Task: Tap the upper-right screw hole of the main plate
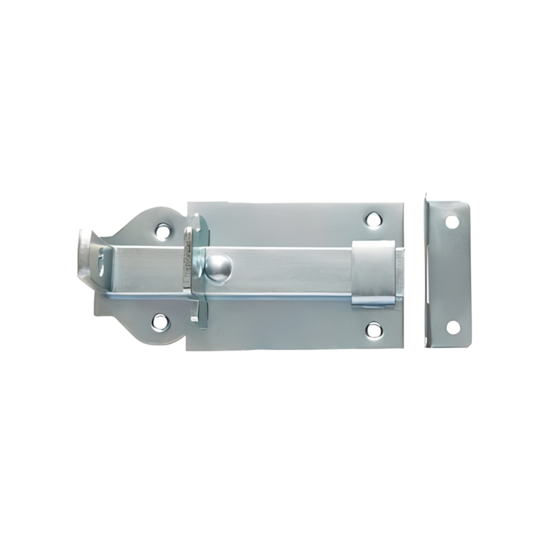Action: tap(373, 220)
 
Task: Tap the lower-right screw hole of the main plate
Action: tap(373, 329)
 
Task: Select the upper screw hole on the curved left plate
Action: tap(163, 231)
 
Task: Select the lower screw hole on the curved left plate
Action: tap(160, 320)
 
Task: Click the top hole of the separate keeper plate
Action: tap(452, 222)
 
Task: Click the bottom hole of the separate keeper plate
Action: tap(453, 326)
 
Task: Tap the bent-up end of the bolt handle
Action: tap(87, 251)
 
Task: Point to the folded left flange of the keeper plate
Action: tap(426, 272)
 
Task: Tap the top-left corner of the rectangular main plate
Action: tap(189, 204)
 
